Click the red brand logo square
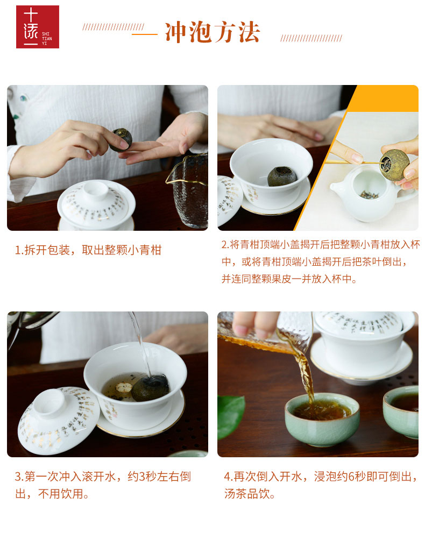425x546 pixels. pos(38,27)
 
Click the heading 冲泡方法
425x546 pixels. pos(212,33)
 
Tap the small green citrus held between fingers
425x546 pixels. pos(121,140)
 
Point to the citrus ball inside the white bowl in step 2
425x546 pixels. pos(282,176)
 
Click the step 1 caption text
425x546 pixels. pos(88,250)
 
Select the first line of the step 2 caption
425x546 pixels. pos(321,244)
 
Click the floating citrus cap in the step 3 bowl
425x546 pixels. pos(124,387)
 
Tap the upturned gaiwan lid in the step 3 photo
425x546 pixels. pos(59,420)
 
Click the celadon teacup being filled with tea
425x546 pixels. pos(322,419)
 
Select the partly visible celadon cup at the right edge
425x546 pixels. pos(401,411)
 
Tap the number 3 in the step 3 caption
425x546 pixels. pos(142,477)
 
